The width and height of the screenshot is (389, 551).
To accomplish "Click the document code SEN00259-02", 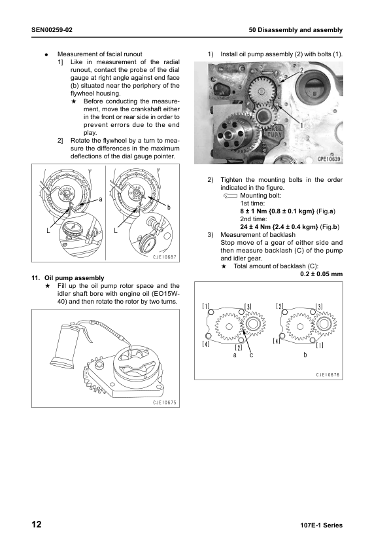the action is click(x=52, y=30).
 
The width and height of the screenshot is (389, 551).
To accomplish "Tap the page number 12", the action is click(x=37, y=525).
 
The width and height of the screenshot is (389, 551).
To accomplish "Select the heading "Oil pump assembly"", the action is click(x=74, y=278).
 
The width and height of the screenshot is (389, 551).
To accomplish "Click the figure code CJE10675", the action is click(x=164, y=402).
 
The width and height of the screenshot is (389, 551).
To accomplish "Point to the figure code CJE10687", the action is click(x=164, y=257).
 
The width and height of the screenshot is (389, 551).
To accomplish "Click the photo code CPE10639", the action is click(x=329, y=159).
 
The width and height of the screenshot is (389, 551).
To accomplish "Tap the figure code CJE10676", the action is click(x=328, y=375).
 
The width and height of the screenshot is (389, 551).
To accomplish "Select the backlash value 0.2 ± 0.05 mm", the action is click(x=321, y=274).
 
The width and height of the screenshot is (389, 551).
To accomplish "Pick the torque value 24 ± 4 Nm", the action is click(x=255, y=227).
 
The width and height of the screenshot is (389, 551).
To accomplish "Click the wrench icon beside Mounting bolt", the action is click(x=230, y=196).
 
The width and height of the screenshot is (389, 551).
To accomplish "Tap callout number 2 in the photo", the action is click(x=301, y=71).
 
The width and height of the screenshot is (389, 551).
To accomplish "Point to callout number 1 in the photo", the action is click(x=301, y=124).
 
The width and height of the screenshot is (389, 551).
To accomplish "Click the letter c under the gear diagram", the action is click(x=251, y=355).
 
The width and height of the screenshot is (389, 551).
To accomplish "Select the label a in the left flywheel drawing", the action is click(x=101, y=199).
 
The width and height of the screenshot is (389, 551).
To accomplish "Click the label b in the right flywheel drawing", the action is click(x=169, y=207).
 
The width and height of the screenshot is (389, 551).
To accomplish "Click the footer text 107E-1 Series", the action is click(x=321, y=525).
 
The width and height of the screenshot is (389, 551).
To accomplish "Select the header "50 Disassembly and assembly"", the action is click(x=296, y=30).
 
